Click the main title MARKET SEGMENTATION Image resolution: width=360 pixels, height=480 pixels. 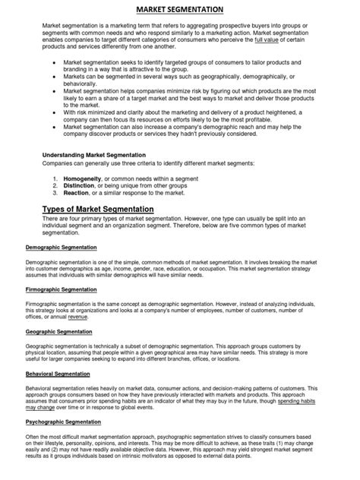[180, 9]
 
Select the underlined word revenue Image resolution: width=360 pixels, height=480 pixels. [78, 317]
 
